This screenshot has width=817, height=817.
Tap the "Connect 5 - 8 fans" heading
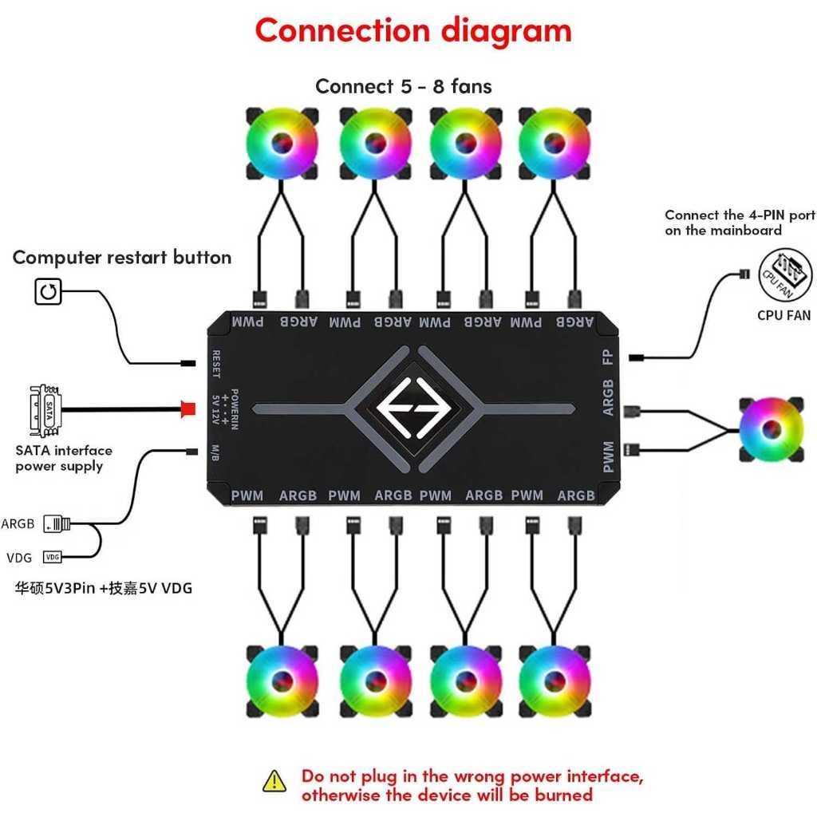tap(403, 86)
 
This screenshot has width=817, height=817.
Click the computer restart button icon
tap(48, 292)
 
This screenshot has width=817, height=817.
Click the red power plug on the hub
tap(188, 409)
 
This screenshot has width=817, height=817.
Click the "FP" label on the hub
tap(608, 356)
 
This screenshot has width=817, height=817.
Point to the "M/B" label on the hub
tap(216, 452)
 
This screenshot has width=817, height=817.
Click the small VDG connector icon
tap(53, 556)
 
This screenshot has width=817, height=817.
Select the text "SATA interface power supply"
tap(64, 458)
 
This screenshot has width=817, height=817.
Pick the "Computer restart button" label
tap(122, 258)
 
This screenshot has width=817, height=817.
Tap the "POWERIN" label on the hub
tap(235, 408)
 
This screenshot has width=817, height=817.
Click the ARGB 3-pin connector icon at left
tap(57, 524)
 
